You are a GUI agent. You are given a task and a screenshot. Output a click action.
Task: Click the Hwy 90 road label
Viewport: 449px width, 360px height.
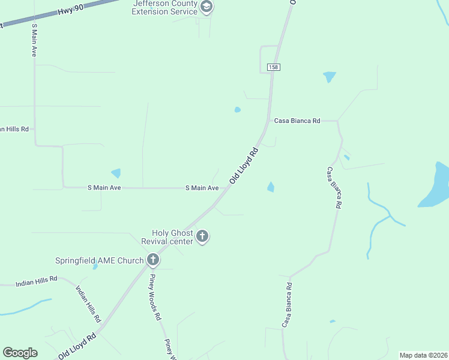(x=71, y=12)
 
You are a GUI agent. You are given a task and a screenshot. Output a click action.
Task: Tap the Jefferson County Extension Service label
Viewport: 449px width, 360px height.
(x=165, y=8)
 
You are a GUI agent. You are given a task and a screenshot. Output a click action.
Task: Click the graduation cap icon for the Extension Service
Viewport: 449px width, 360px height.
(x=206, y=7)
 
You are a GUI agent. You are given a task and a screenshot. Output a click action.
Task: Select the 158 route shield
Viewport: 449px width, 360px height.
(x=273, y=67)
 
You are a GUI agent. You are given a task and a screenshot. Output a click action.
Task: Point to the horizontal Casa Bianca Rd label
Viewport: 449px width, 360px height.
(x=297, y=121)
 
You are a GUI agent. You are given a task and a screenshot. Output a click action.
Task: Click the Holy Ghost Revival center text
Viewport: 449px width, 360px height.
(x=172, y=237)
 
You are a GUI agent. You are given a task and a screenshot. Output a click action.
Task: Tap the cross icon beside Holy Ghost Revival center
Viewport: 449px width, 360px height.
(x=202, y=236)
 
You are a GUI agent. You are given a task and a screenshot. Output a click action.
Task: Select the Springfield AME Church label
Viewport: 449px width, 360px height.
(x=99, y=260)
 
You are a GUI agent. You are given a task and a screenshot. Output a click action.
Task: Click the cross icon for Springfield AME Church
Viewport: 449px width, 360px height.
(x=153, y=260)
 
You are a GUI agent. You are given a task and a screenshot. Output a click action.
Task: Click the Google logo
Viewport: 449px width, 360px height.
(x=20, y=353)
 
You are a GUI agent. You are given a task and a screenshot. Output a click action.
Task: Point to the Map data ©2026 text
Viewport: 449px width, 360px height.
(x=423, y=355)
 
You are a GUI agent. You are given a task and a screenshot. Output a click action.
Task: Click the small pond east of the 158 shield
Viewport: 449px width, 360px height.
(x=329, y=77)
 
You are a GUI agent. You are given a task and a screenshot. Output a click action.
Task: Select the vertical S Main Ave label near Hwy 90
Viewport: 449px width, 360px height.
(x=34, y=41)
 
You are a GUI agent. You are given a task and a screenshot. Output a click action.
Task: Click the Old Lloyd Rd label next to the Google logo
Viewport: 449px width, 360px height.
(x=77, y=347)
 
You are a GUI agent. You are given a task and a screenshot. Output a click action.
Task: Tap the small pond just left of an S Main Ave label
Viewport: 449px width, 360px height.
(x=116, y=173)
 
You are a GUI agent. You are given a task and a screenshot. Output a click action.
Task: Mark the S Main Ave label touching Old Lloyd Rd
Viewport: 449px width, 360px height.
(x=202, y=188)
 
